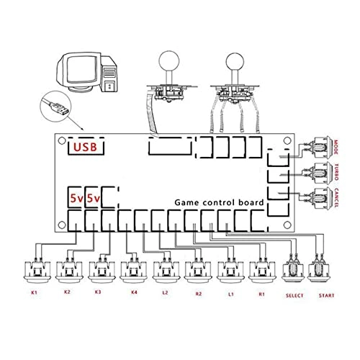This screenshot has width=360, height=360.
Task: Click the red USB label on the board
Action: pos(85,147)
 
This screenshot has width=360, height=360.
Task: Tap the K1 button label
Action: pos(34,292)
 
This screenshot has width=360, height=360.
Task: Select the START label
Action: pos(326,295)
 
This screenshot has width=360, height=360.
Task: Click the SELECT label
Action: pos(294,295)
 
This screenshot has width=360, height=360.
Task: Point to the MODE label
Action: pos(336,147)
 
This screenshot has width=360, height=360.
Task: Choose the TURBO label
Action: pos(336,172)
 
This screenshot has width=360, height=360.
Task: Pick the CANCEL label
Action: pos(336,198)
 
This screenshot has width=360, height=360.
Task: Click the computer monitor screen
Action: pos(82,69)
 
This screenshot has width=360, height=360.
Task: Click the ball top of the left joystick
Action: pos(169,60)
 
